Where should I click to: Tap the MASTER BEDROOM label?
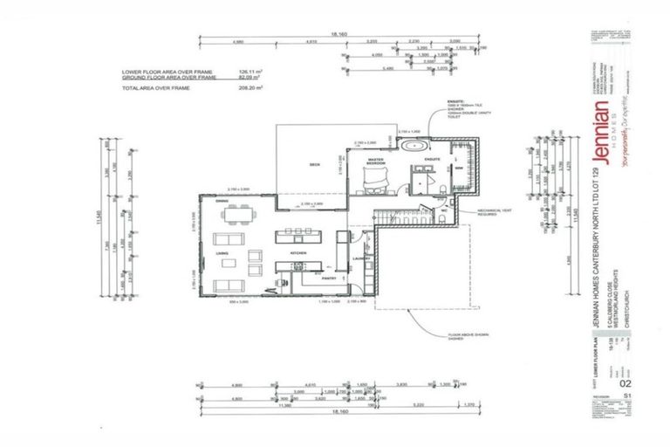(376, 161)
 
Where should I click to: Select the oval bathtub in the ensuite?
(414, 146)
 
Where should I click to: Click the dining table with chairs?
(231, 212)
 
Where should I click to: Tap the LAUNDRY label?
(362, 258)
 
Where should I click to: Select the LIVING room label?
(222, 253)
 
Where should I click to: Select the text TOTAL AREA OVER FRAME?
(155, 88)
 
